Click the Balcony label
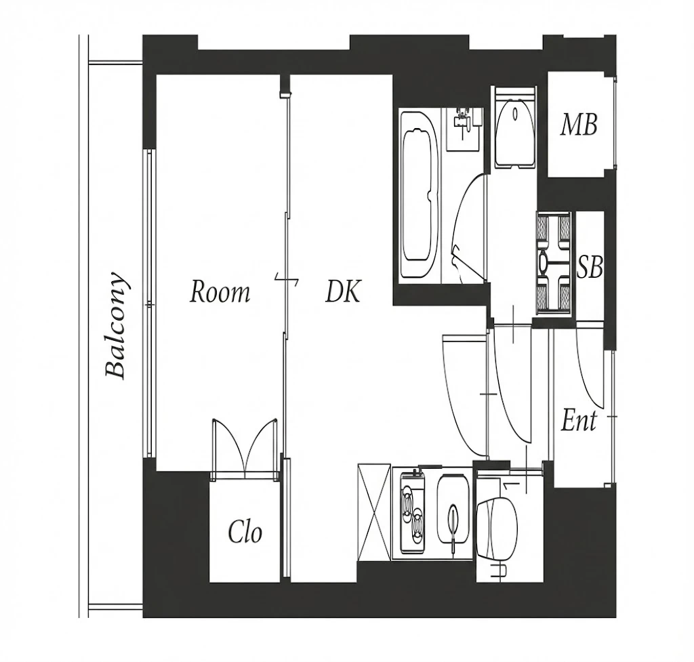pos(117,325)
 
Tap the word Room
pos(220,292)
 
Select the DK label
pos(344,291)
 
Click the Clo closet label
pos(245,532)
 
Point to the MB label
pos(579,125)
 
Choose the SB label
pos(590,267)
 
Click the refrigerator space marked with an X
pos(374,512)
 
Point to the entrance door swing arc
pos(590,368)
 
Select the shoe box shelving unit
pos(553,263)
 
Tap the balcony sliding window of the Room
pos(150,304)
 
